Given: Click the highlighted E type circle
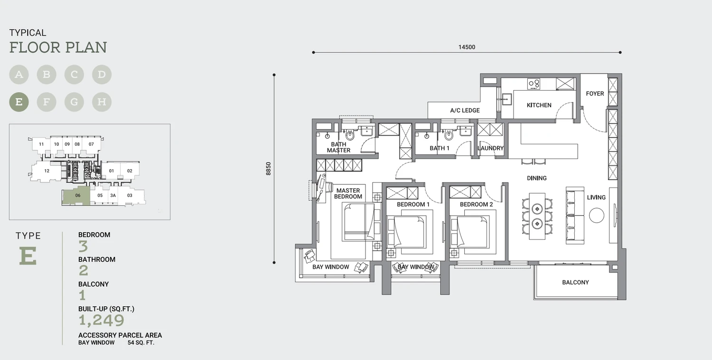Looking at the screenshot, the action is click(x=19, y=102).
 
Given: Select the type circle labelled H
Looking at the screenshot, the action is click(x=102, y=102).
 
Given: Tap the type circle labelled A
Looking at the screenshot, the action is click(x=19, y=75).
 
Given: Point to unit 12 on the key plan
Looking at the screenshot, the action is click(x=47, y=171).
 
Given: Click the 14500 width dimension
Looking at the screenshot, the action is click(x=467, y=47).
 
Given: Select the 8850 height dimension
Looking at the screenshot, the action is click(x=268, y=169).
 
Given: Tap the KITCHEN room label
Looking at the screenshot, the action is click(x=539, y=105).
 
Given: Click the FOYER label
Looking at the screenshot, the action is click(x=595, y=94).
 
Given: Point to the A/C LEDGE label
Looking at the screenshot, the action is click(x=465, y=110).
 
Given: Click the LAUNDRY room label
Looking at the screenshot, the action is click(x=490, y=148).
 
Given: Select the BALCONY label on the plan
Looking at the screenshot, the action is click(x=575, y=283).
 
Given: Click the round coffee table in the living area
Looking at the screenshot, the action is click(x=596, y=216).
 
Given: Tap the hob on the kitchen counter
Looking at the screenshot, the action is click(x=534, y=84).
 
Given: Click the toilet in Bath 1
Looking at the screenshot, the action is click(x=449, y=135).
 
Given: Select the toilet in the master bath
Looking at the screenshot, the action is click(x=350, y=135).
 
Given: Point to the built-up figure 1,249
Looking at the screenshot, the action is click(x=102, y=321).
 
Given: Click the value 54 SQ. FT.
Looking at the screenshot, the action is click(x=141, y=343).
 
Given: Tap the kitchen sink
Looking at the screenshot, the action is click(x=506, y=99).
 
